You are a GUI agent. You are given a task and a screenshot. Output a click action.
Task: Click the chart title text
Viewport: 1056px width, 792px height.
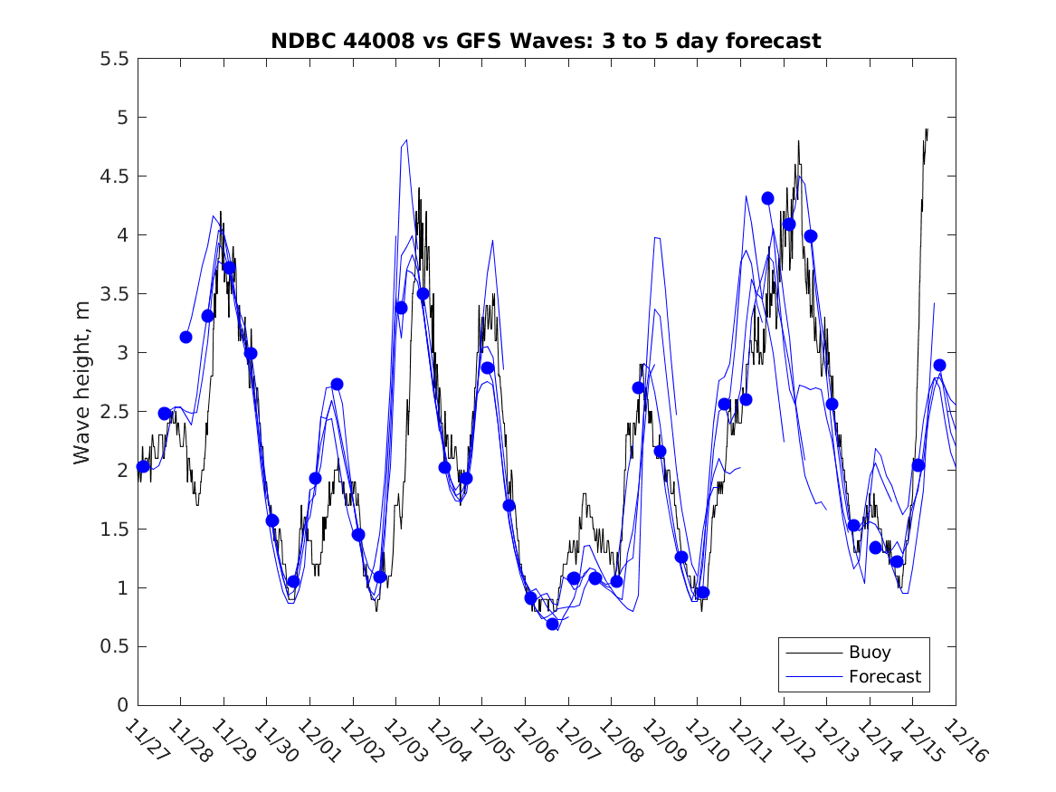[x=546, y=41]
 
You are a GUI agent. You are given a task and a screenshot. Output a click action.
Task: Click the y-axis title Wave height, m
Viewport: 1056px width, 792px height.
[x=82, y=382]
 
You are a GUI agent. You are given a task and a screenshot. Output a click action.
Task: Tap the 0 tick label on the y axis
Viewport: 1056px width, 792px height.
[x=122, y=706]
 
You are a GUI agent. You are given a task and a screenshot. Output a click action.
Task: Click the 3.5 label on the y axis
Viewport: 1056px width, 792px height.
[x=114, y=294]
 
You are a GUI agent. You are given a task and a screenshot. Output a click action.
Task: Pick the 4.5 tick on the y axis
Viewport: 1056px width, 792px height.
[x=114, y=177]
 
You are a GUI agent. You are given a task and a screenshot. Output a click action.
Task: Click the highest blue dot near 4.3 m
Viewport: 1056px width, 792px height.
[x=767, y=198]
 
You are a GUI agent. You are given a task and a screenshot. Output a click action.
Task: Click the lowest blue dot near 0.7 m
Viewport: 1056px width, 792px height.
[x=553, y=624]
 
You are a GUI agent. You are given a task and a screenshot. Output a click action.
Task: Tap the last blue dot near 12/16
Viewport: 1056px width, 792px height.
[x=939, y=365]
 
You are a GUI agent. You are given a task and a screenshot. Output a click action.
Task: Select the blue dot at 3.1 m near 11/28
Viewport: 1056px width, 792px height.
[x=186, y=337]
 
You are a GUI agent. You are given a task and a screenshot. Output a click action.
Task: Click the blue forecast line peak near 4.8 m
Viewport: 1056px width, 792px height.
[x=406, y=140]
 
